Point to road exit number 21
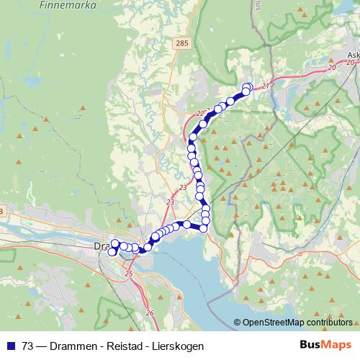[265, 86]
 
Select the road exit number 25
[129, 274]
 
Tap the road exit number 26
[150, 312]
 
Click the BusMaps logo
[325, 346]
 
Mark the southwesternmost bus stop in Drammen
[112, 252]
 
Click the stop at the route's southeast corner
[204, 228]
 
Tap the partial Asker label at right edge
[353, 54]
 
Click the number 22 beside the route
[200, 113]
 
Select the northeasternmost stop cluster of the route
[247, 89]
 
